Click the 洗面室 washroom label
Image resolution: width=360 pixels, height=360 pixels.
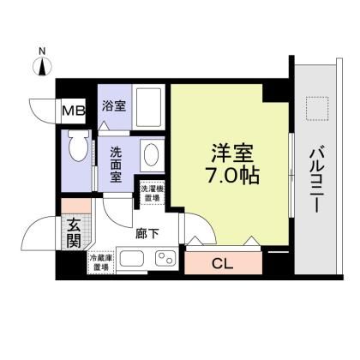116,164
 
